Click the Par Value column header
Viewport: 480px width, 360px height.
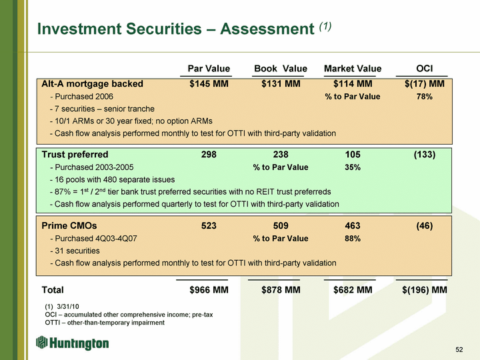[209, 69]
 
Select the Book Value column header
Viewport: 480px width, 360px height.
[281, 69]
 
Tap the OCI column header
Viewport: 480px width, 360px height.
[424, 69]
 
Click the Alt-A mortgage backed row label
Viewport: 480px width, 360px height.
[92, 84]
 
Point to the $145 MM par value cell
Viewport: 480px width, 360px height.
[209, 84]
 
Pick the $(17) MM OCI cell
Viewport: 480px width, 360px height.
[425, 84]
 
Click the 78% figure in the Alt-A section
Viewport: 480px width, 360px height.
[425, 97]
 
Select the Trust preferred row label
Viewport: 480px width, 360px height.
[75, 155]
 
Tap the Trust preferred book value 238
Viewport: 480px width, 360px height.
[281, 155]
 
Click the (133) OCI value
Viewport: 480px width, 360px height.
[425, 155]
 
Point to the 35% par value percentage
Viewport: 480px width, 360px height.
[353, 167]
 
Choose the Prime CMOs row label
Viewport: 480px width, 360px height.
[69, 226]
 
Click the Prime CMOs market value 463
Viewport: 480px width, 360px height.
[353, 226]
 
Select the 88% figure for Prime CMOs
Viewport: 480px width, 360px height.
[353, 239]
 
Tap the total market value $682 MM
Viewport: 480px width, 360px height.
[353, 290]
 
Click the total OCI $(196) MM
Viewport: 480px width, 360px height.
[425, 290]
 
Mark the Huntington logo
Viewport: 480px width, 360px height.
[73, 343]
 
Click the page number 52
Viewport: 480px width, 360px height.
[459, 350]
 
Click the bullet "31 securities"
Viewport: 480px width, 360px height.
[77, 251]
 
